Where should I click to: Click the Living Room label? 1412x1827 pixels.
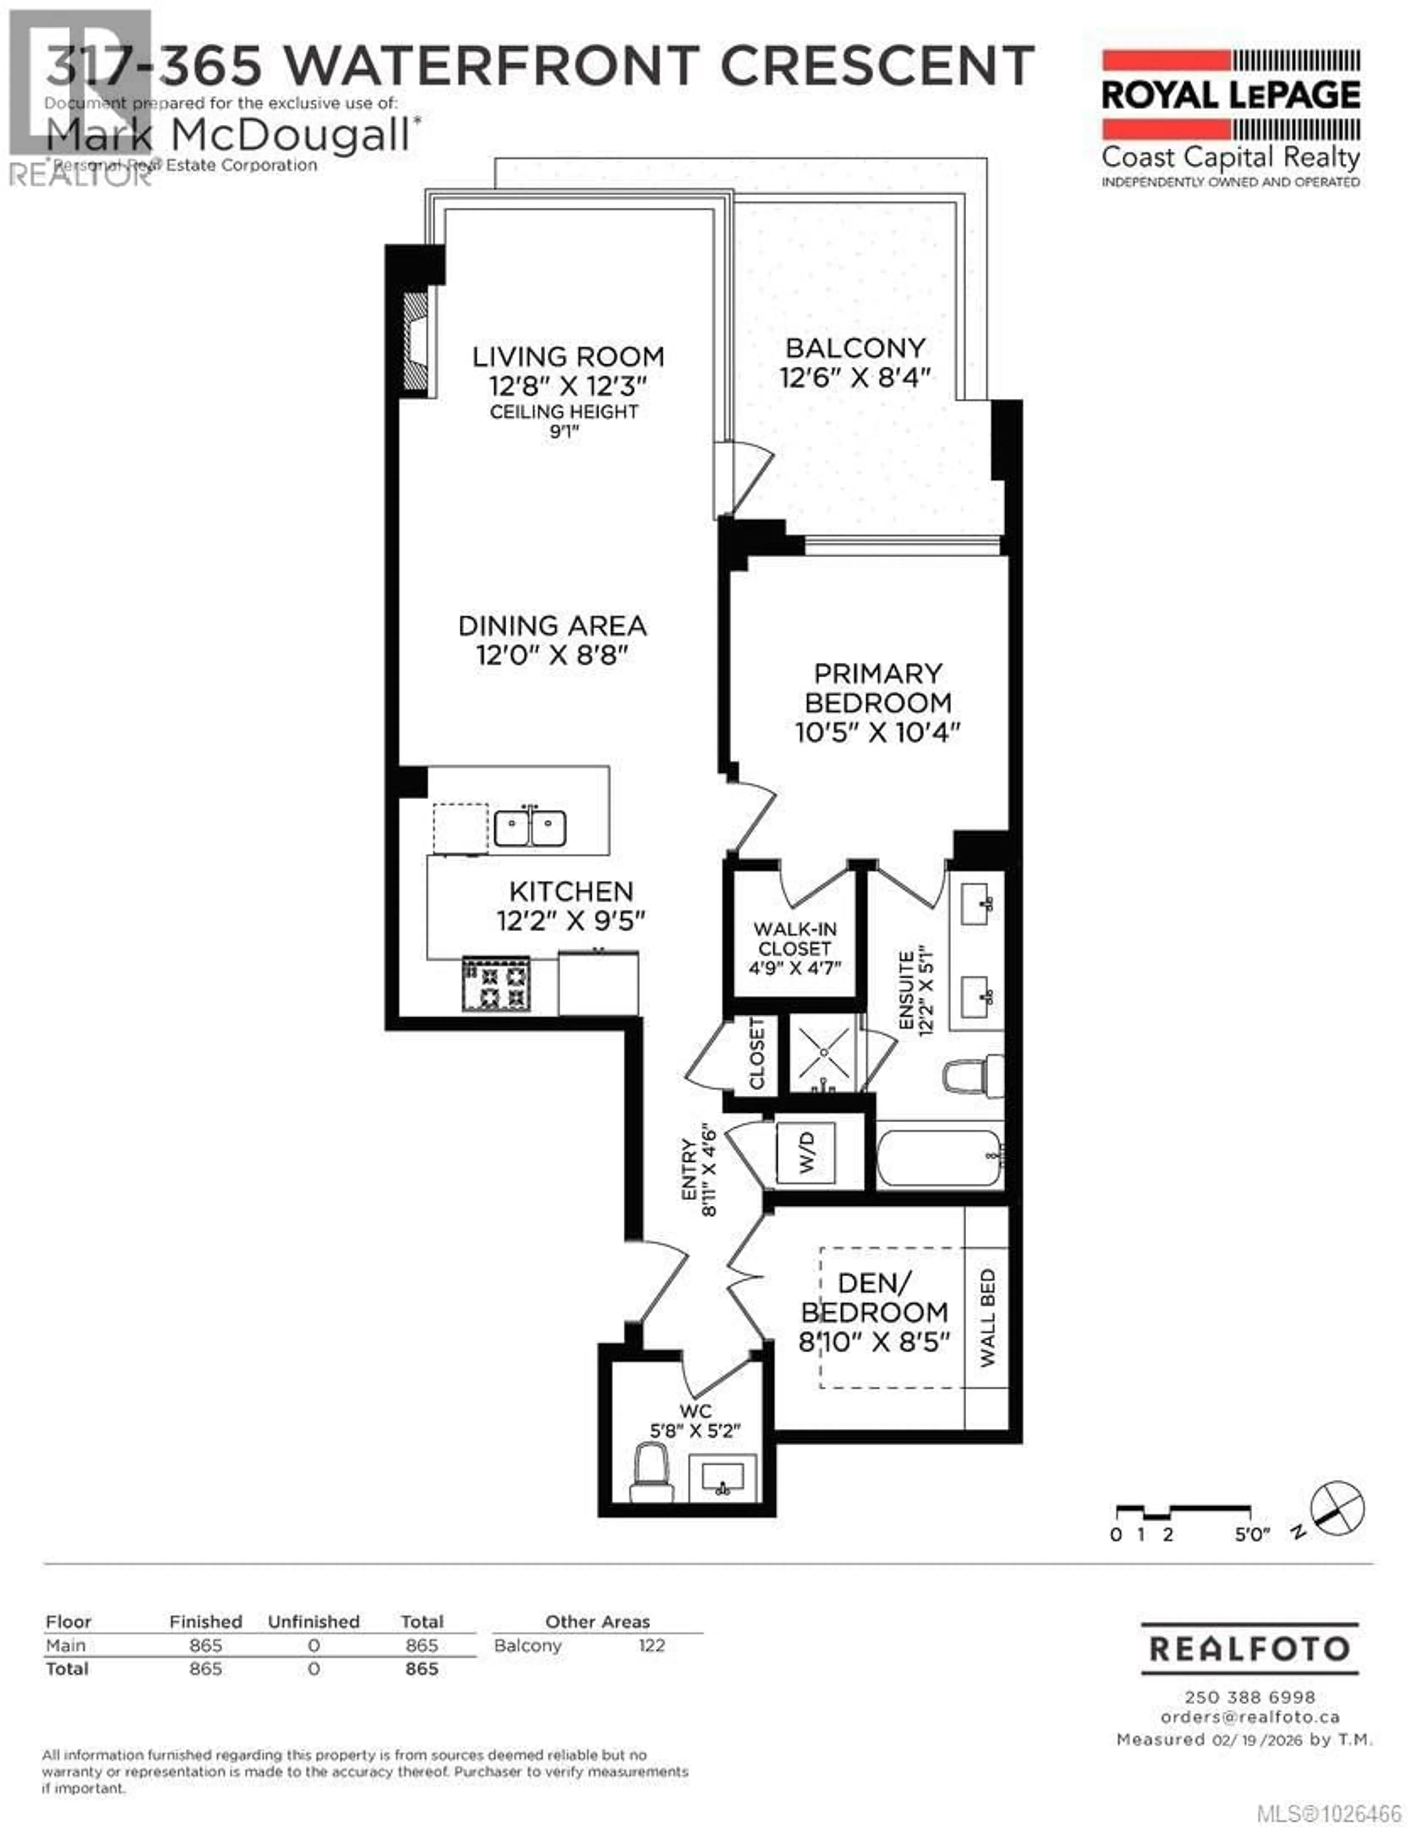point(568,356)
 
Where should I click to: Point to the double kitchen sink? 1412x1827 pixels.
point(529,828)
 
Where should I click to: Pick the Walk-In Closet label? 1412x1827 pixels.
point(794,939)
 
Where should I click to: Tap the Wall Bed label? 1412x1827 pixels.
point(988,1318)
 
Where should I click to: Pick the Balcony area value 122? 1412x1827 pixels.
point(652,1645)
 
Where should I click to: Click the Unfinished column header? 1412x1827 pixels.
point(314,1621)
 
